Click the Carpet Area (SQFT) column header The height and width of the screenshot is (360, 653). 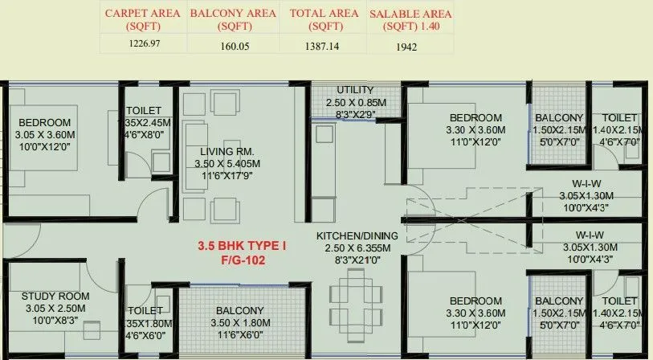141,20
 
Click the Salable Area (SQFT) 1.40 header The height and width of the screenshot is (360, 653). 410,20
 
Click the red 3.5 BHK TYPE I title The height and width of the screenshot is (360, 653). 241,245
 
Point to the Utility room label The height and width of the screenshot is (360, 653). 354,89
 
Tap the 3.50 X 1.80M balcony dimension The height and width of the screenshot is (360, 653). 239,323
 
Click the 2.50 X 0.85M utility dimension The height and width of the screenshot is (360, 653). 356,103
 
